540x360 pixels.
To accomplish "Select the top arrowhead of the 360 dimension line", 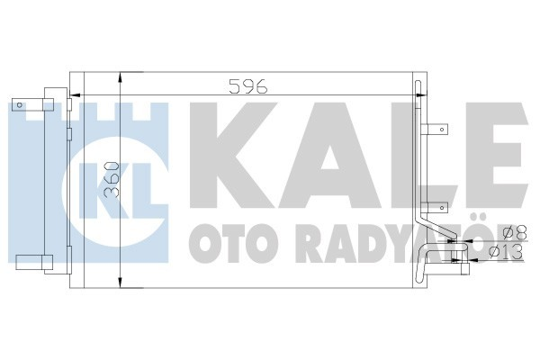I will (122, 78).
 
